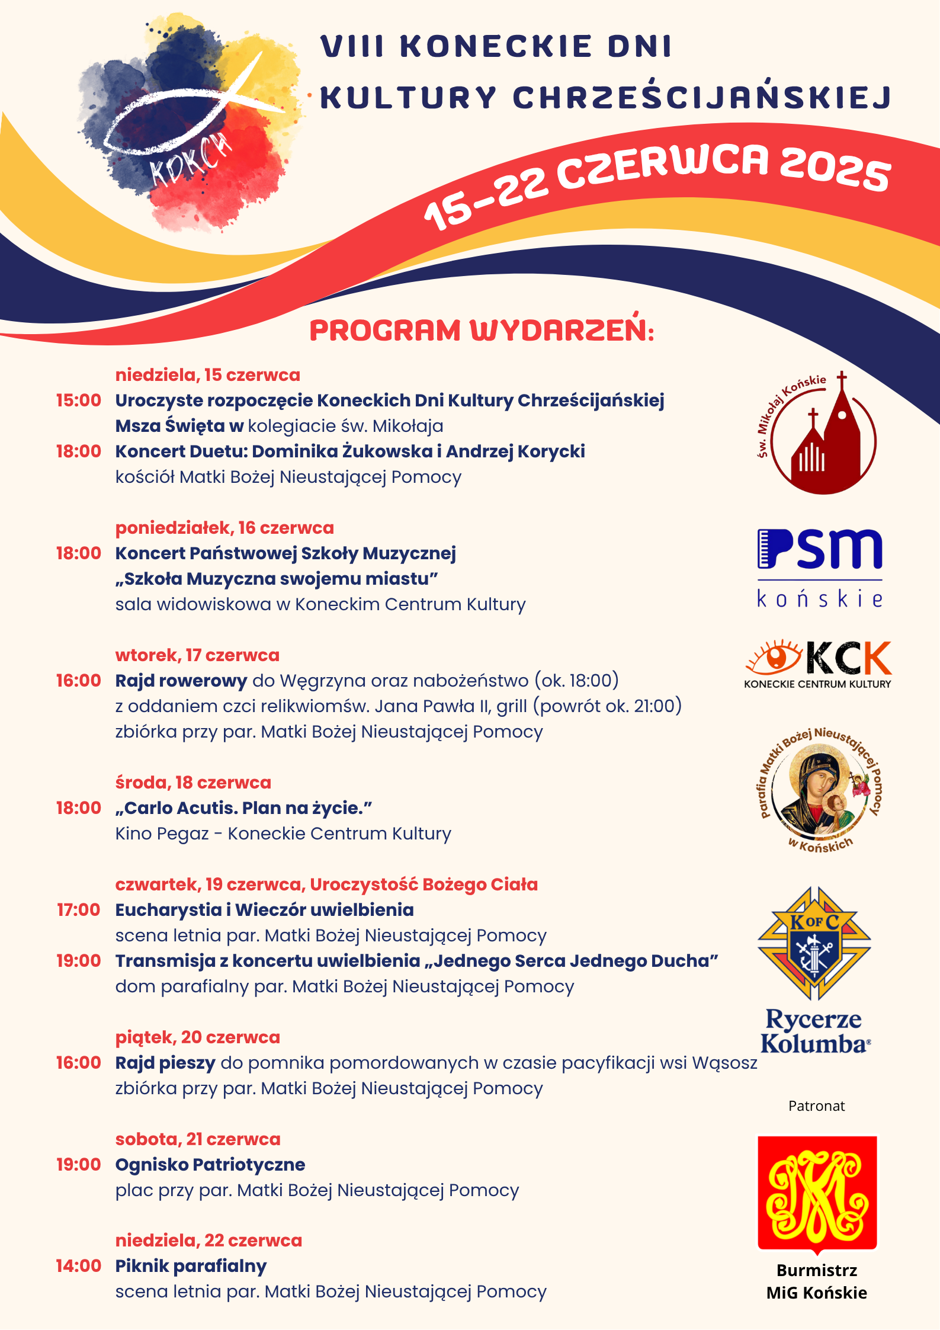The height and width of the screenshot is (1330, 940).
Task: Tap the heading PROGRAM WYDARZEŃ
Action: [x=482, y=330]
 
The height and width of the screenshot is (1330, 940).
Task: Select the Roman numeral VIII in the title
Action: [x=353, y=46]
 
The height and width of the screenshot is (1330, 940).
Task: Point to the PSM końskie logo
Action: [x=820, y=568]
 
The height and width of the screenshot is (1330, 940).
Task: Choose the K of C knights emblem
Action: [x=814, y=942]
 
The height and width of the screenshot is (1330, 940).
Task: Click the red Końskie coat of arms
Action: [x=817, y=1193]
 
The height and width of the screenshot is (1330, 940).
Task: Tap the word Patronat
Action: [x=816, y=1105]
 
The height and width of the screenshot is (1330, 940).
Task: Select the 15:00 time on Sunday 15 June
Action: [x=78, y=400]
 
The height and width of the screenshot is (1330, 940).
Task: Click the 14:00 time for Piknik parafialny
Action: [x=78, y=1266]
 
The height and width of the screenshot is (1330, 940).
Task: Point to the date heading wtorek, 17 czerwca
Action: [x=197, y=655]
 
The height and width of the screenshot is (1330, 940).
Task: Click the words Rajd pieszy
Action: [x=165, y=1063]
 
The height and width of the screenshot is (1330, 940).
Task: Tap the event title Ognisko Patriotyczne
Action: [x=210, y=1165]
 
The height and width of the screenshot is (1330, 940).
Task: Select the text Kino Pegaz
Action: [x=162, y=834]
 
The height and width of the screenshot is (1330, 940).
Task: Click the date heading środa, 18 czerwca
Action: [x=193, y=783]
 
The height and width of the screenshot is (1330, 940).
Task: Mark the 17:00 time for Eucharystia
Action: [x=78, y=910]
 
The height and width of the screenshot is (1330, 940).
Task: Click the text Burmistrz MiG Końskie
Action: [x=816, y=1281]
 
